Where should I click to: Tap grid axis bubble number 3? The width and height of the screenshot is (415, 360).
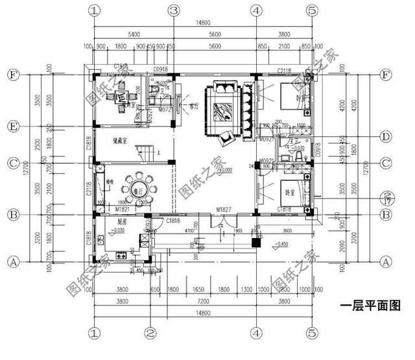pyautogui.click(x=173, y=10)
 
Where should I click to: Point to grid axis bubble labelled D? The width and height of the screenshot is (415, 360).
pyautogui.click(x=386, y=137)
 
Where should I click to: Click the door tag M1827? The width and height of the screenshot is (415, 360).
pyautogui.click(x=224, y=210)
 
